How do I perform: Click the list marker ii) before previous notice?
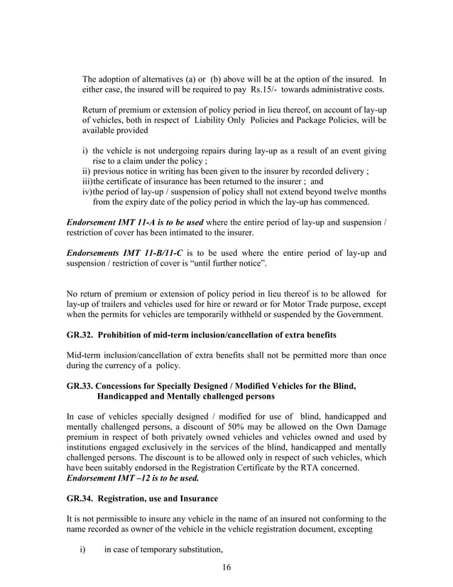(x=87, y=171)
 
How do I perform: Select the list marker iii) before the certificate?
(x=88, y=181)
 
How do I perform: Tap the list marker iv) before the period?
(x=88, y=192)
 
